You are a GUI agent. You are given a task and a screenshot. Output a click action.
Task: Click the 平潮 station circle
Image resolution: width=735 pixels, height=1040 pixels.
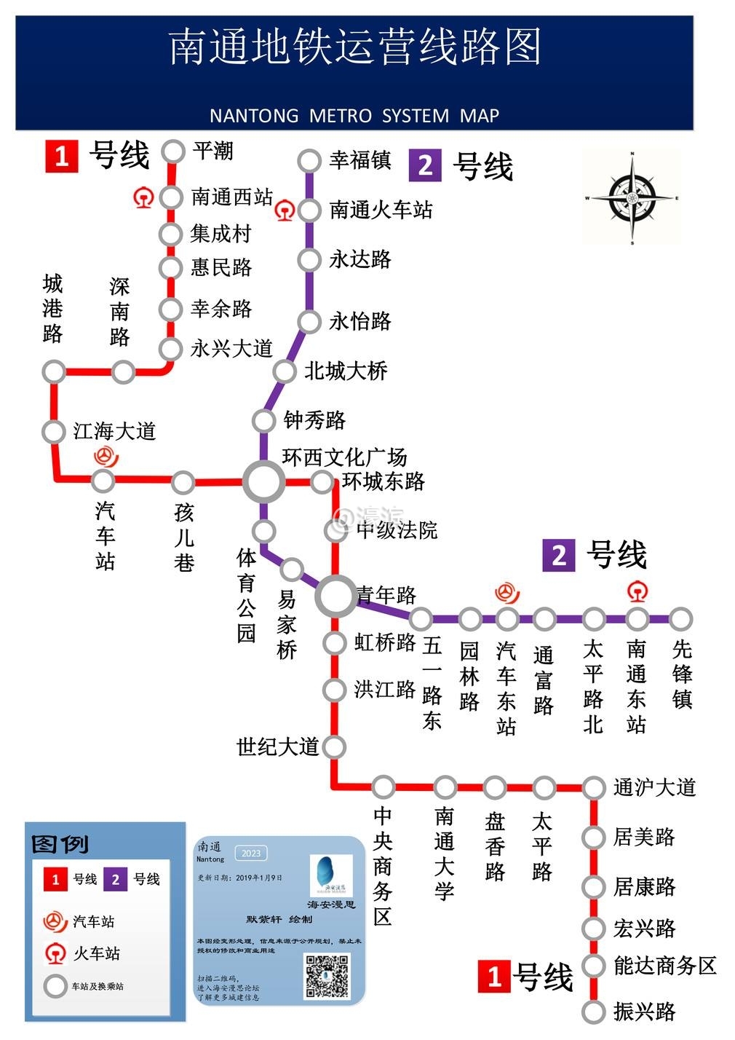coord(173,151)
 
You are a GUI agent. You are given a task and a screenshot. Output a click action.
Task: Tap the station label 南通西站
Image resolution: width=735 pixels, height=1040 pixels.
coord(231,197)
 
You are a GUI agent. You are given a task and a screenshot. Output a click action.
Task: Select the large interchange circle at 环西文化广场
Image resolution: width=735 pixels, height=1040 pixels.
coord(263,481)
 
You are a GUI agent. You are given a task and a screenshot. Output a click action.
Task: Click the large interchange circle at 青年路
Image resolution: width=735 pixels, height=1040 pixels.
coord(335,595)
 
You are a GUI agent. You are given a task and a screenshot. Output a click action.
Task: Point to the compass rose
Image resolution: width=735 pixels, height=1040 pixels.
coord(632,197)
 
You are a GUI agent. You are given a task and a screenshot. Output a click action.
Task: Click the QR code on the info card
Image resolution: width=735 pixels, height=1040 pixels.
coord(327,975)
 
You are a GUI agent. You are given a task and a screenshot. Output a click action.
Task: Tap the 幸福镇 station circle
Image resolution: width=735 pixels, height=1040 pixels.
coord(309,161)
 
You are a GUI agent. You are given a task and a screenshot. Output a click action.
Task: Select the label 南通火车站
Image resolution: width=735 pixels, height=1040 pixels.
coord(381,210)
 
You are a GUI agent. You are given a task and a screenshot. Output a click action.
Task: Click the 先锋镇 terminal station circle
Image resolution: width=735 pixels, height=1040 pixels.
coord(680,619)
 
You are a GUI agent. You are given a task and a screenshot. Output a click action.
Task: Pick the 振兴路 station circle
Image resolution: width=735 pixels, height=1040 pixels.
coord(594,1012)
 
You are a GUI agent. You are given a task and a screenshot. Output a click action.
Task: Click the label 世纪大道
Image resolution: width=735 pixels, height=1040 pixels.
coord(278,746)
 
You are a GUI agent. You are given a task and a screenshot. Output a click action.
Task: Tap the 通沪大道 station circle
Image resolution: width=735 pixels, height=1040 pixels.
coord(594,787)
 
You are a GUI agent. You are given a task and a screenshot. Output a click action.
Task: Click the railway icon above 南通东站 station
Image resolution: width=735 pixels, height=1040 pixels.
coord(637,591)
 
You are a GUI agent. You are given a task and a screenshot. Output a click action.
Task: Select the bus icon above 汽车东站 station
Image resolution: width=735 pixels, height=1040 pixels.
coord(507,592)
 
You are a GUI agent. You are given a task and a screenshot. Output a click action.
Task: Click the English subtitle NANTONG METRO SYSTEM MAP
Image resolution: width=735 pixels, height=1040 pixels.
coord(354,116)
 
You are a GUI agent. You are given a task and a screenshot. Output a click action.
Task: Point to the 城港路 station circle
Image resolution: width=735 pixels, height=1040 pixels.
coord(54,372)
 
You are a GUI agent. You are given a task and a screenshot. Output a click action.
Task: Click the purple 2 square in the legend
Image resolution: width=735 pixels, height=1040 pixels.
coord(115,879)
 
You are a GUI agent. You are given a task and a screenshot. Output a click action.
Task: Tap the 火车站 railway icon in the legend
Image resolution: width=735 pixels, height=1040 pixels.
coord(55,953)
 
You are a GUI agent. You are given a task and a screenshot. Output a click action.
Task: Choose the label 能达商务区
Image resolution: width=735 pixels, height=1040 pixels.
coord(664,966)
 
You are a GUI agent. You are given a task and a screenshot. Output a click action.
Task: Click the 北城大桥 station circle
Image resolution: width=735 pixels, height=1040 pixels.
coord(285,371)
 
